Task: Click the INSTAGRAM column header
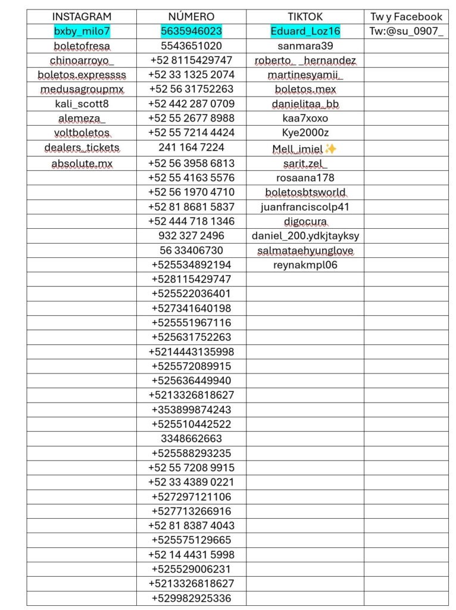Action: (82, 17)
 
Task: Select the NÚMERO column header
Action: (191, 17)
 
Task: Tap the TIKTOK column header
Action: (305, 17)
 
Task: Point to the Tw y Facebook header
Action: (406, 17)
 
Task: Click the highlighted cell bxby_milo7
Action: (82, 31)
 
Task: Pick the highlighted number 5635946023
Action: (191, 31)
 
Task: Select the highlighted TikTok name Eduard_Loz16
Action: (305, 31)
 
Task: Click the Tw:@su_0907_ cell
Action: (406, 31)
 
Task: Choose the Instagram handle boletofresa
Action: (82, 46)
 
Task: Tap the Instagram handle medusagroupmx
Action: (82, 89)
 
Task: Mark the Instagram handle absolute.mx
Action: (82, 163)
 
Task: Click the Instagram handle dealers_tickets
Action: (82, 148)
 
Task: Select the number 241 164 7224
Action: (191, 148)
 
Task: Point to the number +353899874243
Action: (191, 410)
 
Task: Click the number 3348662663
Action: (191, 439)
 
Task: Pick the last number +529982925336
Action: (191, 598)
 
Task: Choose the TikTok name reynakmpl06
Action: (305, 265)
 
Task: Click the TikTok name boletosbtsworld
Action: (305, 192)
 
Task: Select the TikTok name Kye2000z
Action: (305, 133)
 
